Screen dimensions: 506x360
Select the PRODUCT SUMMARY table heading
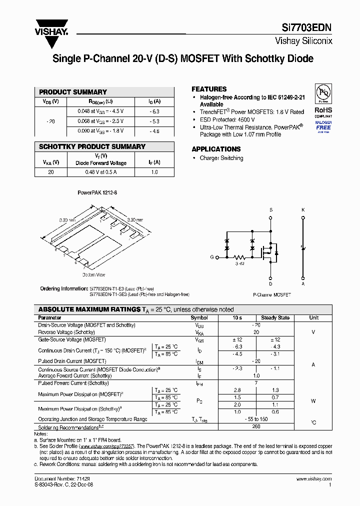pos(73,92)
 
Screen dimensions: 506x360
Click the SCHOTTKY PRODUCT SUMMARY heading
pos(92,146)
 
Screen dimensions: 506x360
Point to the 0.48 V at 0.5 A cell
pos(100,172)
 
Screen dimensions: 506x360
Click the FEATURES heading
pos(209,89)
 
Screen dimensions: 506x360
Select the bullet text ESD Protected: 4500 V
pos(227,120)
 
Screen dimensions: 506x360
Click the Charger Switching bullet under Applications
pos(221,158)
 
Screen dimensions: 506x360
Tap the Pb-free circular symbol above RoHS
pos(323,93)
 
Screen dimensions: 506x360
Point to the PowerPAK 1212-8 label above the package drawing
pos(93,192)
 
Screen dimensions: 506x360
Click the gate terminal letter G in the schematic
pos(211,257)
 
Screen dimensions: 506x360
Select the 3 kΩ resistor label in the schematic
pos(239,262)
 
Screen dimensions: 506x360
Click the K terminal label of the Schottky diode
pos(302,210)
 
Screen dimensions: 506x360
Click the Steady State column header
pos(275,317)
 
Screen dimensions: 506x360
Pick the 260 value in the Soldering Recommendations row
pos(256,427)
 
